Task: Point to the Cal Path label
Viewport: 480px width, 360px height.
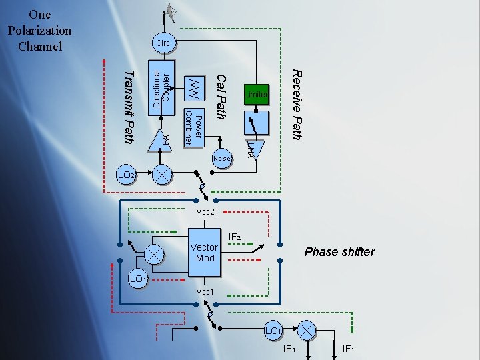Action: [221, 93]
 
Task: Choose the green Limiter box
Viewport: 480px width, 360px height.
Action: [256, 95]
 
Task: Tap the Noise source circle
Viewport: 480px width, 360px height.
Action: [222, 159]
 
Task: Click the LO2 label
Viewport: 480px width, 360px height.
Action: [127, 175]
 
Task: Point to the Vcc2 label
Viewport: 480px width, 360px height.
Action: [205, 211]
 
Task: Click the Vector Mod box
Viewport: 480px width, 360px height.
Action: [204, 253]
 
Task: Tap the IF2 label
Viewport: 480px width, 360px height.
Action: [235, 237]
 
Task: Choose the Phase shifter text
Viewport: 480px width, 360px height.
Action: [339, 252]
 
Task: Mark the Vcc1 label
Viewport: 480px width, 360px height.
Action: [205, 292]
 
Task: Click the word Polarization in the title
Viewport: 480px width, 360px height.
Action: [40, 31]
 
